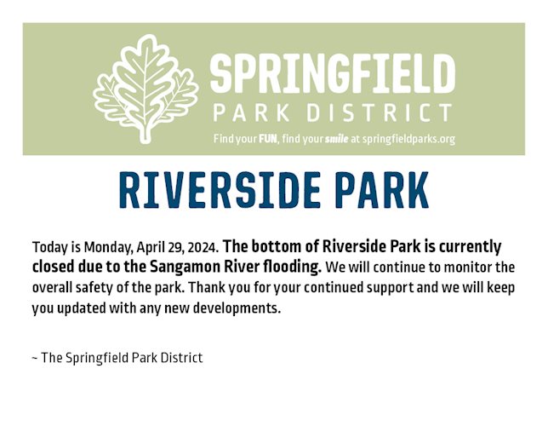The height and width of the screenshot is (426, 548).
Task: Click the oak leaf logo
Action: (x=146, y=89)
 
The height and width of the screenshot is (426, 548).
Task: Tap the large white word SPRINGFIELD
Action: (x=333, y=72)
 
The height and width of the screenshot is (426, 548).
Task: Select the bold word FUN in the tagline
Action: (x=268, y=139)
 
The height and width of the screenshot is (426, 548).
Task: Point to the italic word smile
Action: (x=336, y=139)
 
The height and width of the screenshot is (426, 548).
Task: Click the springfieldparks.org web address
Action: (x=408, y=140)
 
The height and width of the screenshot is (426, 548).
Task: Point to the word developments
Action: (x=237, y=308)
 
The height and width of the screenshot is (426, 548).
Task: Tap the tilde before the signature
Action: (x=35, y=359)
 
